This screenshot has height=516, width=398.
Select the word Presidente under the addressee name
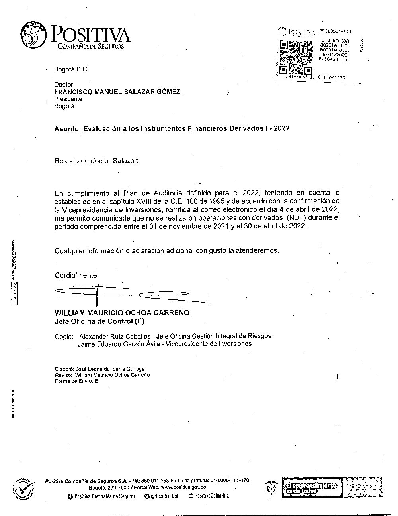coord(68,99)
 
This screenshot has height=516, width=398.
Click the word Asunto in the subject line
coord(67,128)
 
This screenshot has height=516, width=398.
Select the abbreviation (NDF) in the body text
coord(297,218)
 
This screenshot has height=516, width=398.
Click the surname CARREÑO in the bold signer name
coord(170,313)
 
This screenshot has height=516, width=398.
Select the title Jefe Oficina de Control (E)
coord(99,321)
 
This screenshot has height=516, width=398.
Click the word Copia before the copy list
coord(64,336)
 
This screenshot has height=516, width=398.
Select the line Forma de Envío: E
coord(76,381)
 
